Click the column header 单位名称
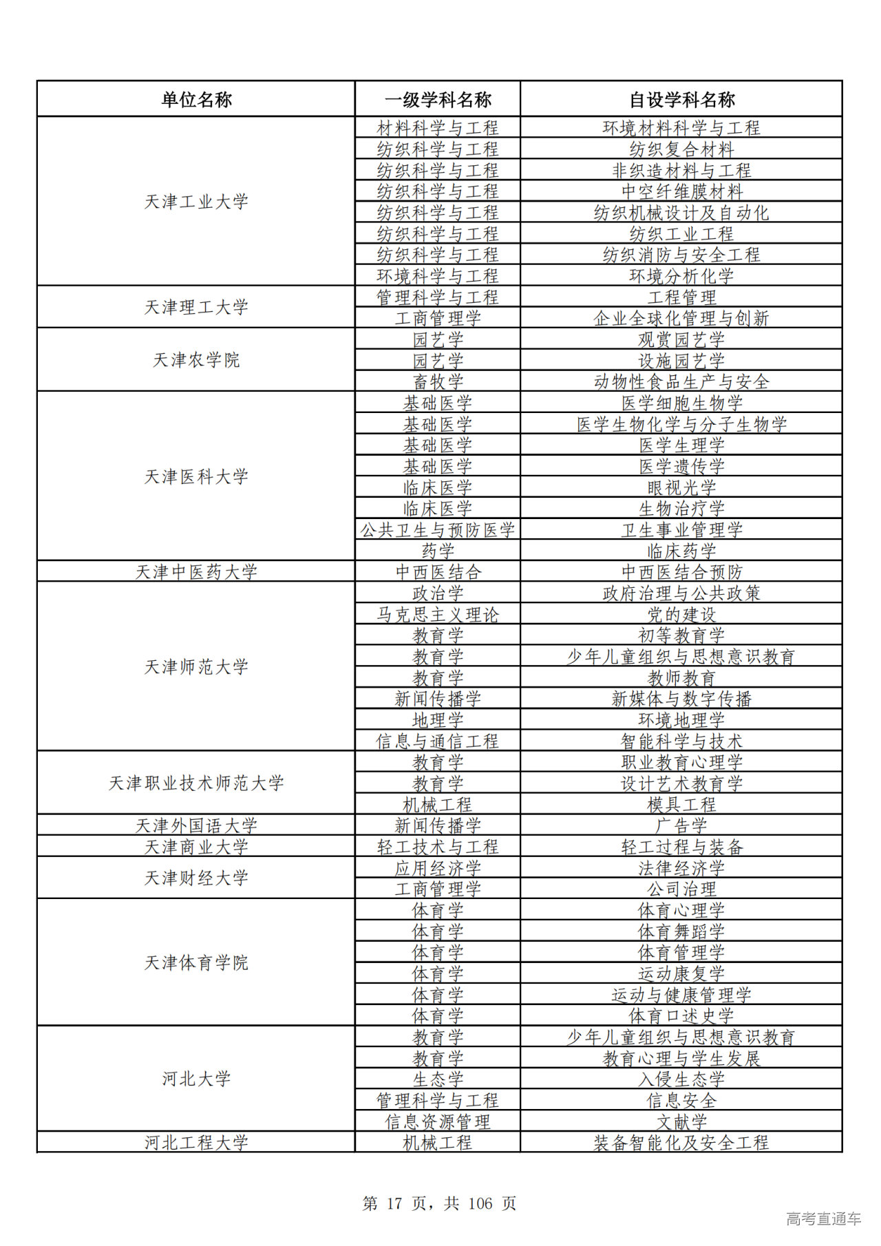coord(196,100)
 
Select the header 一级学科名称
coord(438,100)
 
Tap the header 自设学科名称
coord(681,100)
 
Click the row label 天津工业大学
coord(196,202)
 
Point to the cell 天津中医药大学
coord(196,571)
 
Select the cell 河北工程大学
coord(196,1143)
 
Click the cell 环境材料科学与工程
coord(681,128)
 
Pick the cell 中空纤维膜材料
coord(681,191)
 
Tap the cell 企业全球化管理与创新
coord(681,318)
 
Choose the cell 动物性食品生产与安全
coord(681,381)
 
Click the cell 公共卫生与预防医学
coord(438,529)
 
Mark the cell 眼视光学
coord(681,487)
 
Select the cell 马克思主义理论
coord(438,614)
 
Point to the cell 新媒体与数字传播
coord(681,699)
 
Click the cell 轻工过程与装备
coord(681,847)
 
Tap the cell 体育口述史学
coord(681,1015)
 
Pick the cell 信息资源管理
coord(438,1121)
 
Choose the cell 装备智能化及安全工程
coord(681,1143)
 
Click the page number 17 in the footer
coord(394,1203)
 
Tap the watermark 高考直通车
coord(823,1218)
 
